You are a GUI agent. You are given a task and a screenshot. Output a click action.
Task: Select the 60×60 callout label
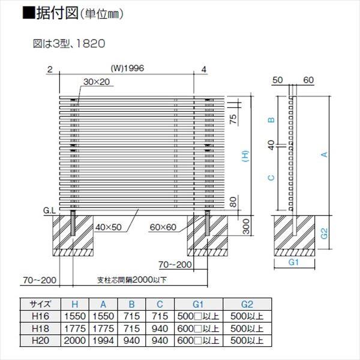click(163, 226)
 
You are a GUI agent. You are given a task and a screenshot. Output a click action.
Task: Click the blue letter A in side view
click(324, 155)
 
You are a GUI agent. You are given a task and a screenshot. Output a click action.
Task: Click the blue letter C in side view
click(271, 178)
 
